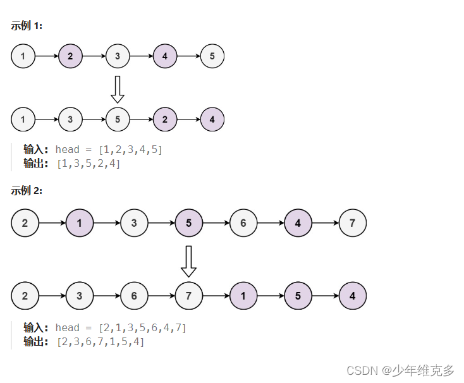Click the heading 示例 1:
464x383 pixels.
coord(27,26)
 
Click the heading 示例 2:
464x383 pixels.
coord(27,190)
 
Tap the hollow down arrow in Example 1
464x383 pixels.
coord(118,89)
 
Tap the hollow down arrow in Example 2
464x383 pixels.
coord(188,261)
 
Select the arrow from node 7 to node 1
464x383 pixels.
coord(216,296)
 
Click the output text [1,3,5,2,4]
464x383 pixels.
coord(88,164)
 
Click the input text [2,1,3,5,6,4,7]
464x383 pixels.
coord(142,327)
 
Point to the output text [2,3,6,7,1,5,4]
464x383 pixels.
coord(101,342)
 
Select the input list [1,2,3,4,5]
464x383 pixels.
coord(130,150)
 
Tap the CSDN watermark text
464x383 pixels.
coord(400,370)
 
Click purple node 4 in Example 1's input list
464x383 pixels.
coord(165,56)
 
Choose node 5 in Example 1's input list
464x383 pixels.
coord(212,56)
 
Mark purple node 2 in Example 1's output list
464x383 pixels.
coord(165,119)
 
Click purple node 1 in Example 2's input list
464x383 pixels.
coord(79,222)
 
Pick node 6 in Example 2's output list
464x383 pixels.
coord(134,296)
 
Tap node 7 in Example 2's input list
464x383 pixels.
coord(352,222)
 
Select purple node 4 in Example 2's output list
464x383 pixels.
coord(352,296)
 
